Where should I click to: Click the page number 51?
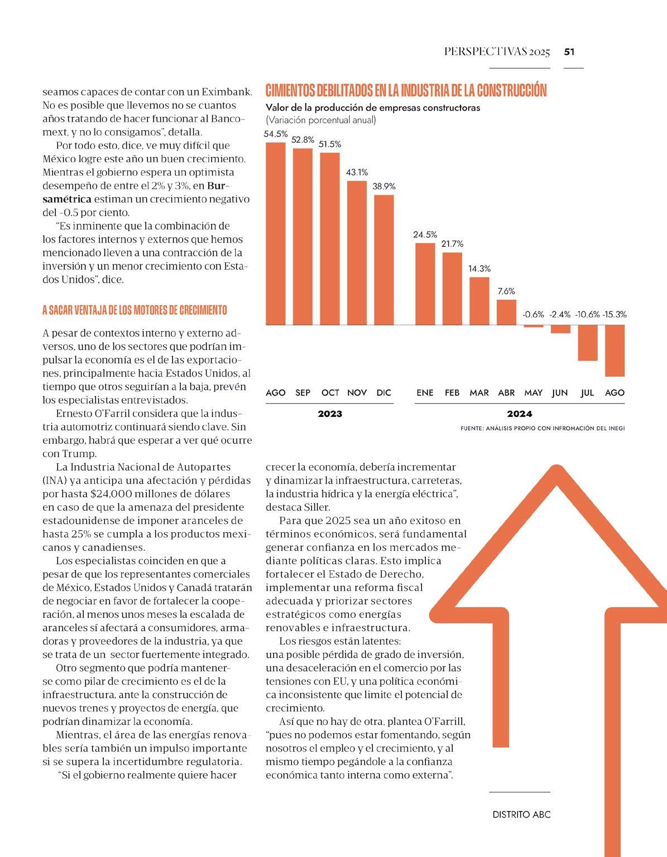pos(569,52)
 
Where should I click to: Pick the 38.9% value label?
pos(384,186)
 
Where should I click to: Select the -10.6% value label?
pos(587,315)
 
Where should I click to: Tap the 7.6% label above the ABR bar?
pos(506,291)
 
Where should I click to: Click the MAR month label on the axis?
pos(479,393)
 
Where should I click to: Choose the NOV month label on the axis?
pos(357,393)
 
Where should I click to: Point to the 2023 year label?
pos(330,414)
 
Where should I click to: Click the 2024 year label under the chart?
pos(520,414)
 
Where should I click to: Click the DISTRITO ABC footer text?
pos(521,815)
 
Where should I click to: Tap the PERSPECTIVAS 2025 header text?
pos(497,52)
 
